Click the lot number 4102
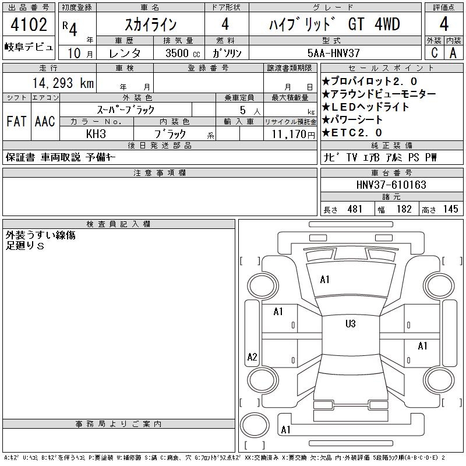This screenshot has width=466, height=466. [29, 24]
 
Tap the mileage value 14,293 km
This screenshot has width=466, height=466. [63, 83]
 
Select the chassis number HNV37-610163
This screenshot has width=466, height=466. [391, 185]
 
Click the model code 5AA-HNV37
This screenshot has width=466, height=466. [333, 53]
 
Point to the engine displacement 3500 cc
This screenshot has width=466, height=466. [183, 53]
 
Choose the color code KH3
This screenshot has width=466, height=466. [96, 134]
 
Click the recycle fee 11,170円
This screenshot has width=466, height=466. [293, 134]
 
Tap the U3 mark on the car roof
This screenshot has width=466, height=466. [351, 323]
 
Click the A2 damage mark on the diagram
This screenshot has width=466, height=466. [252, 356]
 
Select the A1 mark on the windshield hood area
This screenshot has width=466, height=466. [324, 280]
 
